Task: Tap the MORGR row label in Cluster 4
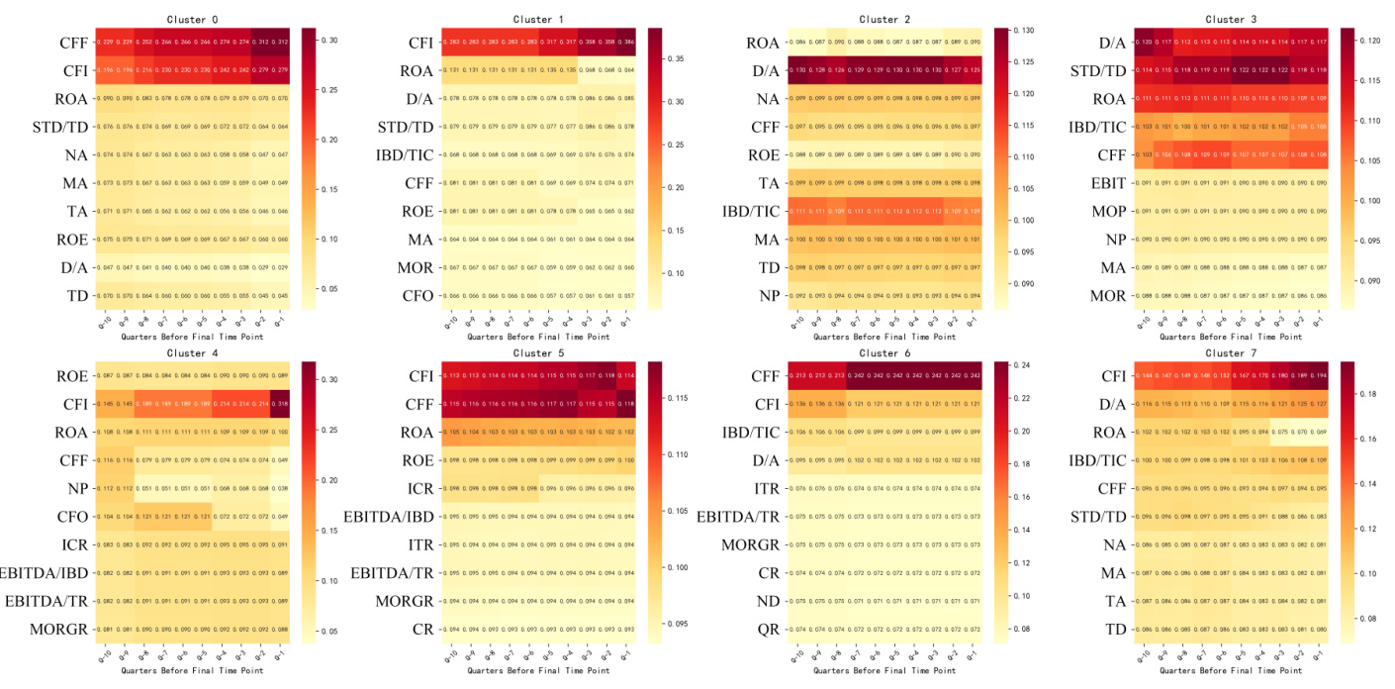[x=59, y=629]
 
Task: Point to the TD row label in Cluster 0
[x=76, y=295]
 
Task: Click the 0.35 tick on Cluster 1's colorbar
[x=668, y=59]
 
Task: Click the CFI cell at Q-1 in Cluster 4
[x=281, y=404]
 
